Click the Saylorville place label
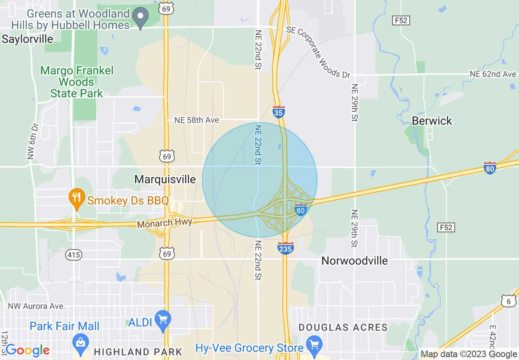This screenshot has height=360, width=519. pyautogui.click(x=27, y=39)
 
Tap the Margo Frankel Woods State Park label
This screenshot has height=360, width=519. pyautogui.click(x=77, y=82)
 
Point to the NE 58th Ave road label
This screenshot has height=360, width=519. pyautogui.click(x=196, y=120)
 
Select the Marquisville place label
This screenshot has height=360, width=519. pyautogui.click(x=165, y=179)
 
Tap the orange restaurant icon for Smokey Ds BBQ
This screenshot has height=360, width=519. pyautogui.click(x=76, y=199)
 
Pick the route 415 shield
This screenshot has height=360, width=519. pyautogui.click(x=74, y=255)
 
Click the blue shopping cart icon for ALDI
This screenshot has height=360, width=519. pyautogui.click(x=163, y=320)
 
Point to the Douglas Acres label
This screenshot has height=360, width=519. pyautogui.click(x=343, y=327)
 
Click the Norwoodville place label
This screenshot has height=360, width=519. pyautogui.click(x=354, y=261)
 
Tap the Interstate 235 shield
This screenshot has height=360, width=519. pyautogui.click(x=285, y=248)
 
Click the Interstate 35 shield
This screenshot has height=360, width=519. pyautogui.click(x=278, y=112)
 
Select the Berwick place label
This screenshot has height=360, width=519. pyautogui.click(x=432, y=121)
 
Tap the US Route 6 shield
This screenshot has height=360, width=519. pyautogui.click(x=508, y=301)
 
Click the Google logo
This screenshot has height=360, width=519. pyautogui.click(x=27, y=350)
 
